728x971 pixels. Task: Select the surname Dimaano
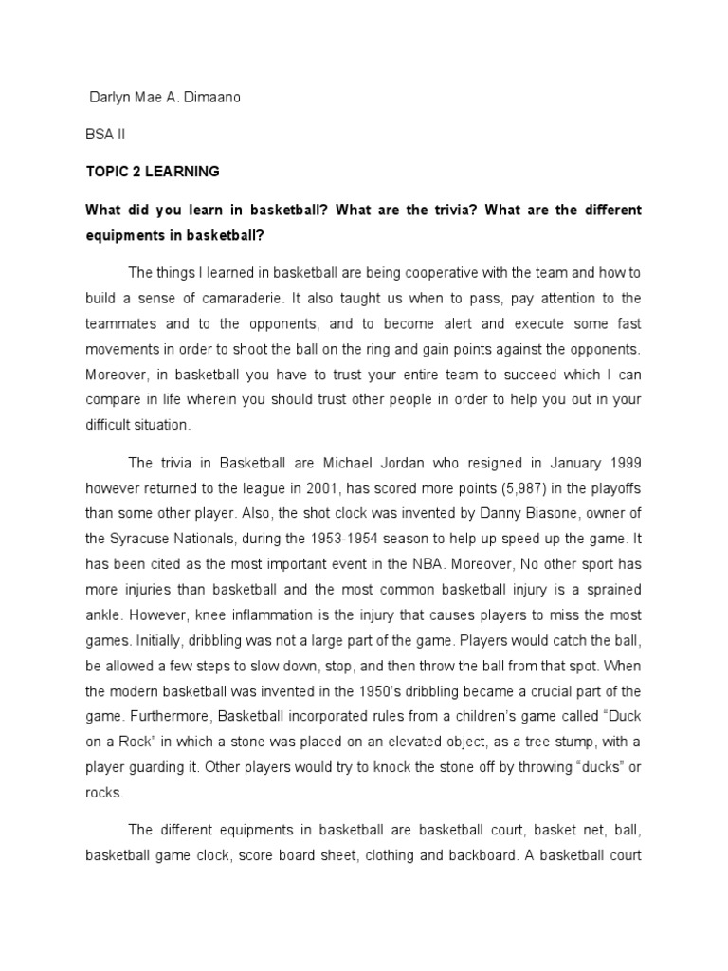coord(214,98)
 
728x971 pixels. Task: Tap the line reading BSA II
coord(105,135)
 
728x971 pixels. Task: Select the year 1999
coord(622,464)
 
